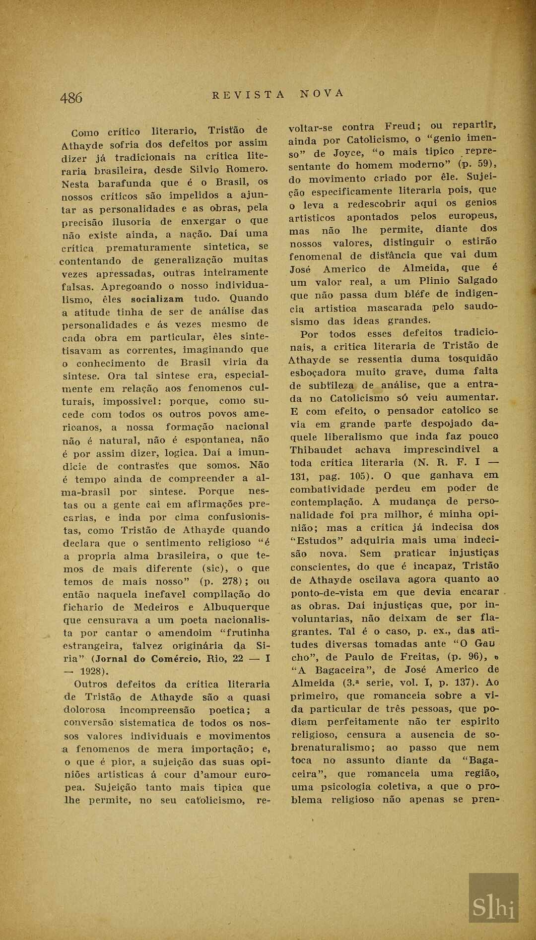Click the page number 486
coord(71,98)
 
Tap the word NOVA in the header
coord(322,93)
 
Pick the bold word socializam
coord(157,299)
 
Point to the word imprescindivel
coord(442,449)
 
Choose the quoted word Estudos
coord(317,540)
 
